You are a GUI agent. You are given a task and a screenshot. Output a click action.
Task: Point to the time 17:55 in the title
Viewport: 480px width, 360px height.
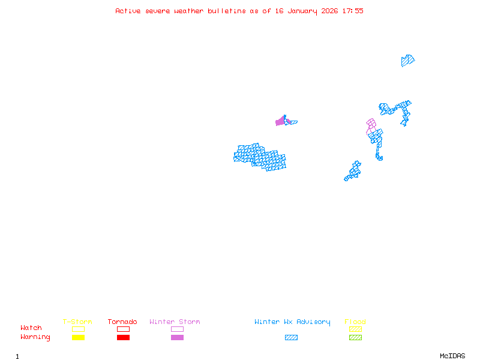coord(353,11)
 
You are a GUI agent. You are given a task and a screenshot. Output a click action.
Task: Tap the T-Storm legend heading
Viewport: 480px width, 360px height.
coord(77,322)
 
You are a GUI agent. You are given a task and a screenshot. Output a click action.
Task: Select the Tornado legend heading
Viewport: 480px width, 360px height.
coord(122,322)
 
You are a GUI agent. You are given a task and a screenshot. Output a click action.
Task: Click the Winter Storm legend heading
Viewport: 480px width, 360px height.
coord(175,322)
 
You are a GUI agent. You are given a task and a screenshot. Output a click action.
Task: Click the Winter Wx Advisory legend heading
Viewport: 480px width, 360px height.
coord(292,322)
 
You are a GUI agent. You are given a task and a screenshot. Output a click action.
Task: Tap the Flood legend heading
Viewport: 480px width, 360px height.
coord(355,322)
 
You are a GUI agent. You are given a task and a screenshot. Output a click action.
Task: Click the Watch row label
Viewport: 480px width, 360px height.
coord(31,328)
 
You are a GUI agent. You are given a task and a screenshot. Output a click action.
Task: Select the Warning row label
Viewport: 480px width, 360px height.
coord(35,337)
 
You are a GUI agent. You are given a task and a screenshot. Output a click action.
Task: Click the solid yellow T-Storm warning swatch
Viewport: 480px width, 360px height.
coord(78,337)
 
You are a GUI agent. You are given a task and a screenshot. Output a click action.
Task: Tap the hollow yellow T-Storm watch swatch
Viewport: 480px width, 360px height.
coord(78,329)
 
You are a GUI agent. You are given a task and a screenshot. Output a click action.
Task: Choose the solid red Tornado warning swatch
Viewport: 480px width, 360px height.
coord(123,337)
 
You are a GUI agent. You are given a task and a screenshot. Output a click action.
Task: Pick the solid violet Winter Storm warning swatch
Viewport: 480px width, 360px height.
coord(177,337)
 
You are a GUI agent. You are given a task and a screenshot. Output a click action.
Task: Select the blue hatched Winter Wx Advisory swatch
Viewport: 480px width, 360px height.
coord(291,337)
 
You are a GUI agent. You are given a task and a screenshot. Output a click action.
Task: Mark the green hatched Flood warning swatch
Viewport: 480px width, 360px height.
coord(355,337)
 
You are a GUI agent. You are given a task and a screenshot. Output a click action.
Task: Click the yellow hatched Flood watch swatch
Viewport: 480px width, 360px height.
coord(355,329)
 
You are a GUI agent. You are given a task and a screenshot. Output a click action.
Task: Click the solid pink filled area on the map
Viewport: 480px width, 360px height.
coord(281,121)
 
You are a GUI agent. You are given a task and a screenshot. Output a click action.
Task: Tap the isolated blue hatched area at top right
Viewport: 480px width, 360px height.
coord(407,60)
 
